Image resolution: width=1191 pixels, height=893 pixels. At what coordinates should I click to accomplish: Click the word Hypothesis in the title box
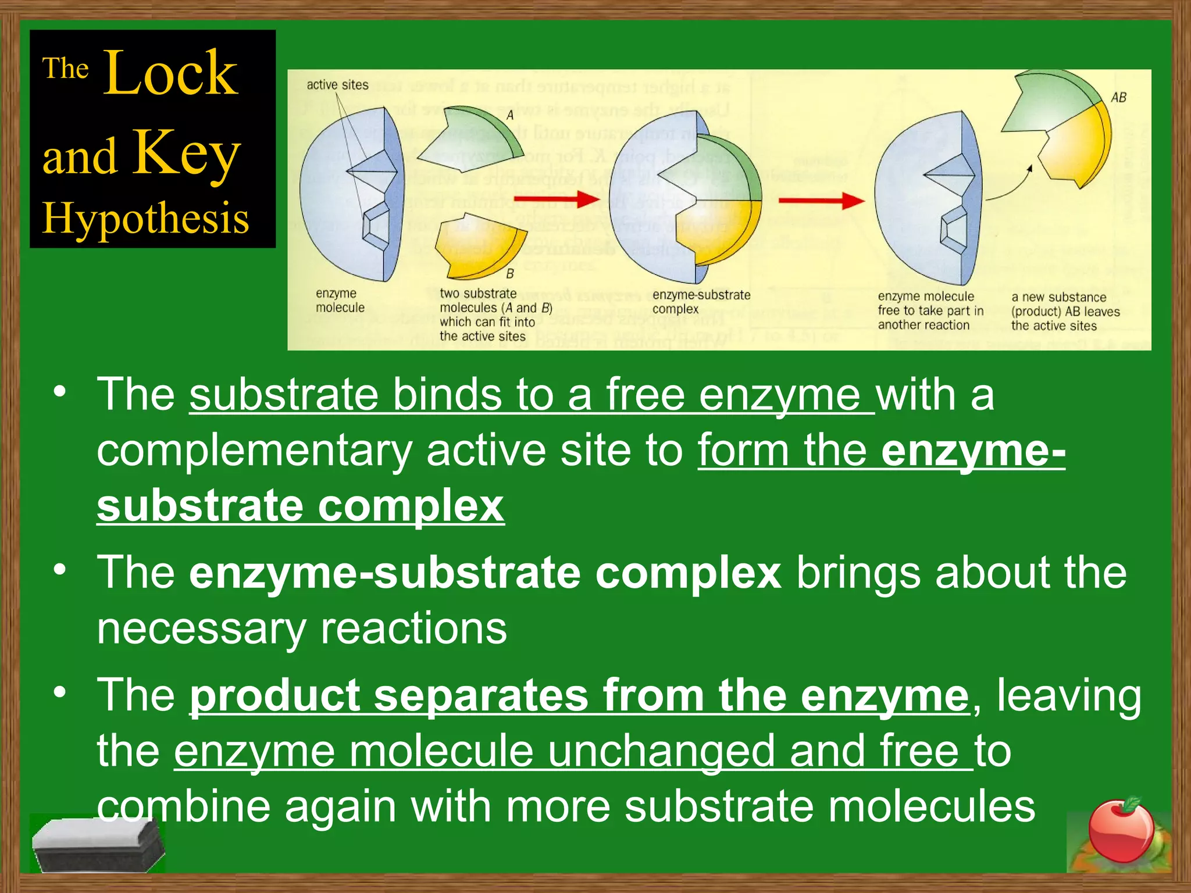coord(145,219)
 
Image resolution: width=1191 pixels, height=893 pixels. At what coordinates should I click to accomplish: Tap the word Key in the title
coord(186,152)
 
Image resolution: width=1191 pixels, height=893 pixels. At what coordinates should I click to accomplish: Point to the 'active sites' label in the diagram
coord(337,85)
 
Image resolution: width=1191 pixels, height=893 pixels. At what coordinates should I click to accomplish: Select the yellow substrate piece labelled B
coord(480,244)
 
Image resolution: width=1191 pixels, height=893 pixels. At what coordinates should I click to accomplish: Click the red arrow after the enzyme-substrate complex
coord(821,201)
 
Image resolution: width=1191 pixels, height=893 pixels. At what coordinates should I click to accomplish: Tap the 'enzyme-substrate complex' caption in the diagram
coord(701,302)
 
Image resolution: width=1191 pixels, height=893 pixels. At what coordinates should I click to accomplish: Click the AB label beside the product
coord(1118,98)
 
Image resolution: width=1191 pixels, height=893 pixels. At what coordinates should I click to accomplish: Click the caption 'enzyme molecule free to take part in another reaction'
coord(930,310)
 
